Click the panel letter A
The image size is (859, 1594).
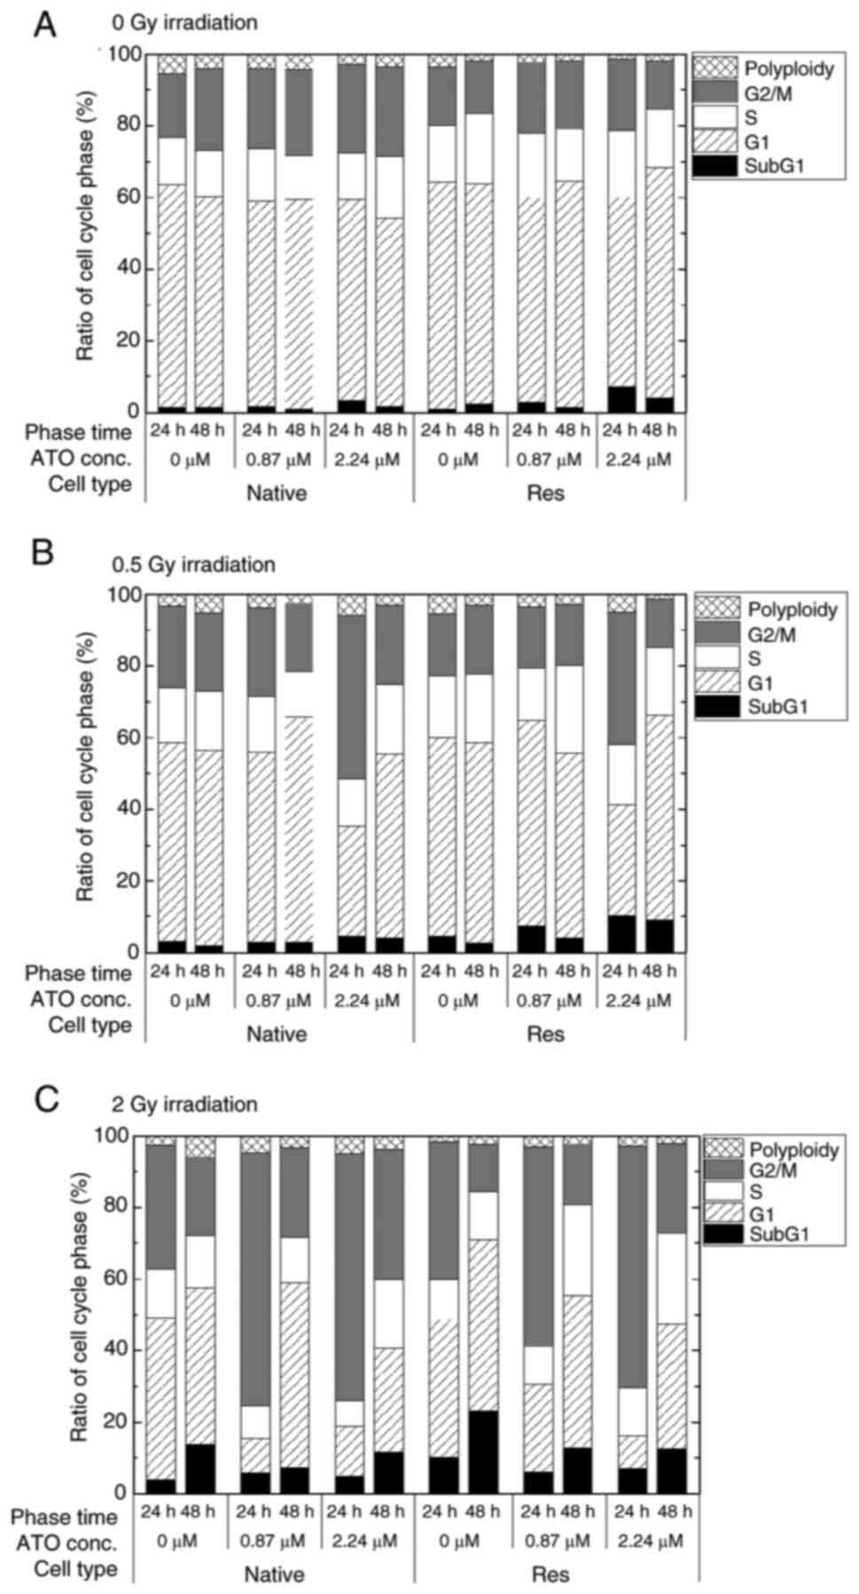pyautogui.click(x=44, y=24)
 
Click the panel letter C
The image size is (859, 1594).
pyautogui.click(x=46, y=1098)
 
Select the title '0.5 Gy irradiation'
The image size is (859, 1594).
pyautogui.click(x=193, y=565)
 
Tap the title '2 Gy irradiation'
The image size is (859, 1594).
pyautogui.click(x=184, y=1105)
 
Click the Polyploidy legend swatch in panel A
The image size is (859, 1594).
pyautogui.click(x=715, y=67)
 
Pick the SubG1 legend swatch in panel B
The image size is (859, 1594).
pyautogui.click(x=717, y=707)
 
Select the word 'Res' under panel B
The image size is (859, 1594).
pyautogui.click(x=545, y=1034)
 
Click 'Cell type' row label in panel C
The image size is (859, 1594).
pyautogui.click(x=76, y=1568)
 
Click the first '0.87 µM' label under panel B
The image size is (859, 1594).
pyautogui.click(x=276, y=1001)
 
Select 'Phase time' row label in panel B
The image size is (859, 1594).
pyautogui.click(x=78, y=973)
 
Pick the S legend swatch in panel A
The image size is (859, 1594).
pyautogui.click(x=715, y=116)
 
